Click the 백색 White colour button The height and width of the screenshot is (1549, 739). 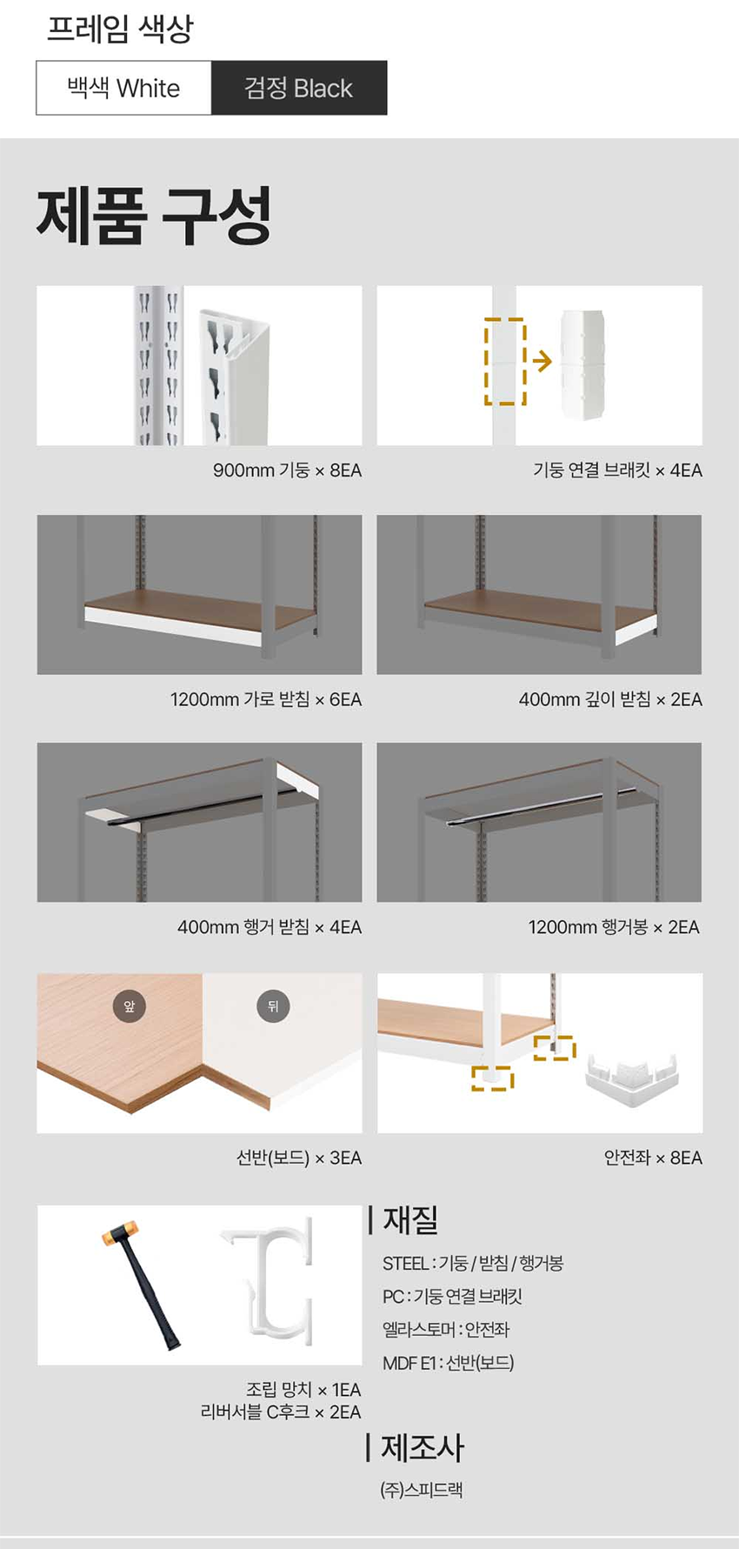pos(123,88)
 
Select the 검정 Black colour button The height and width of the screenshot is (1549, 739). pos(299,88)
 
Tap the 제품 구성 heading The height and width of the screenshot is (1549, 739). pos(154,216)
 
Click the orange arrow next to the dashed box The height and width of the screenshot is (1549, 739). pos(542,361)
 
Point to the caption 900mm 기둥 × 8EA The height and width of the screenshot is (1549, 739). pos(287,471)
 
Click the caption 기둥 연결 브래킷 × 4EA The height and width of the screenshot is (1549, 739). pos(617,471)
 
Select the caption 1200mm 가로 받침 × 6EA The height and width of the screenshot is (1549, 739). pos(266,699)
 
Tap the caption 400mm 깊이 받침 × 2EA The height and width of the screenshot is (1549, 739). pos(610,699)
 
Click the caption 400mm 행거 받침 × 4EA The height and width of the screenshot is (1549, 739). pos(270,927)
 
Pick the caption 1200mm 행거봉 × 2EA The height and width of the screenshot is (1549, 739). pos(614,927)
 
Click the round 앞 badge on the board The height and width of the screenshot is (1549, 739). pos(130,1006)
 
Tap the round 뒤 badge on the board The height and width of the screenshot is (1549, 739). pos(273,1006)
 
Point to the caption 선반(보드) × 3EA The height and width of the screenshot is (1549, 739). pos(299,1158)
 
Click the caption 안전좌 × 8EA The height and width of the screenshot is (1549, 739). pos(653,1158)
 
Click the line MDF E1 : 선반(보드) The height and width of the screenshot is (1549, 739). pos(449,1363)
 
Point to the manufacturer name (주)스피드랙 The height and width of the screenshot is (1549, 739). pos(422,1490)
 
